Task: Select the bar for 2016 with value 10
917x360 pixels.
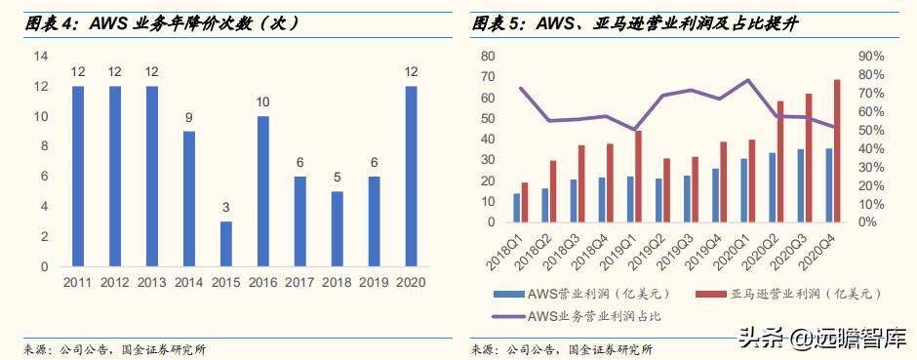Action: pos(263,191)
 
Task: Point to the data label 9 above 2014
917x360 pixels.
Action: pos(188,118)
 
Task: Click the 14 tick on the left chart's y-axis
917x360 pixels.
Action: pos(41,57)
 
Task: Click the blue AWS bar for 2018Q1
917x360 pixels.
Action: pos(516,207)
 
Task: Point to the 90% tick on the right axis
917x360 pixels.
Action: pos(871,57)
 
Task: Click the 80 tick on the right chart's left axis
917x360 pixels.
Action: pos(486,57)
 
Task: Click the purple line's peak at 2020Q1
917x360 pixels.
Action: pos(748,80)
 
